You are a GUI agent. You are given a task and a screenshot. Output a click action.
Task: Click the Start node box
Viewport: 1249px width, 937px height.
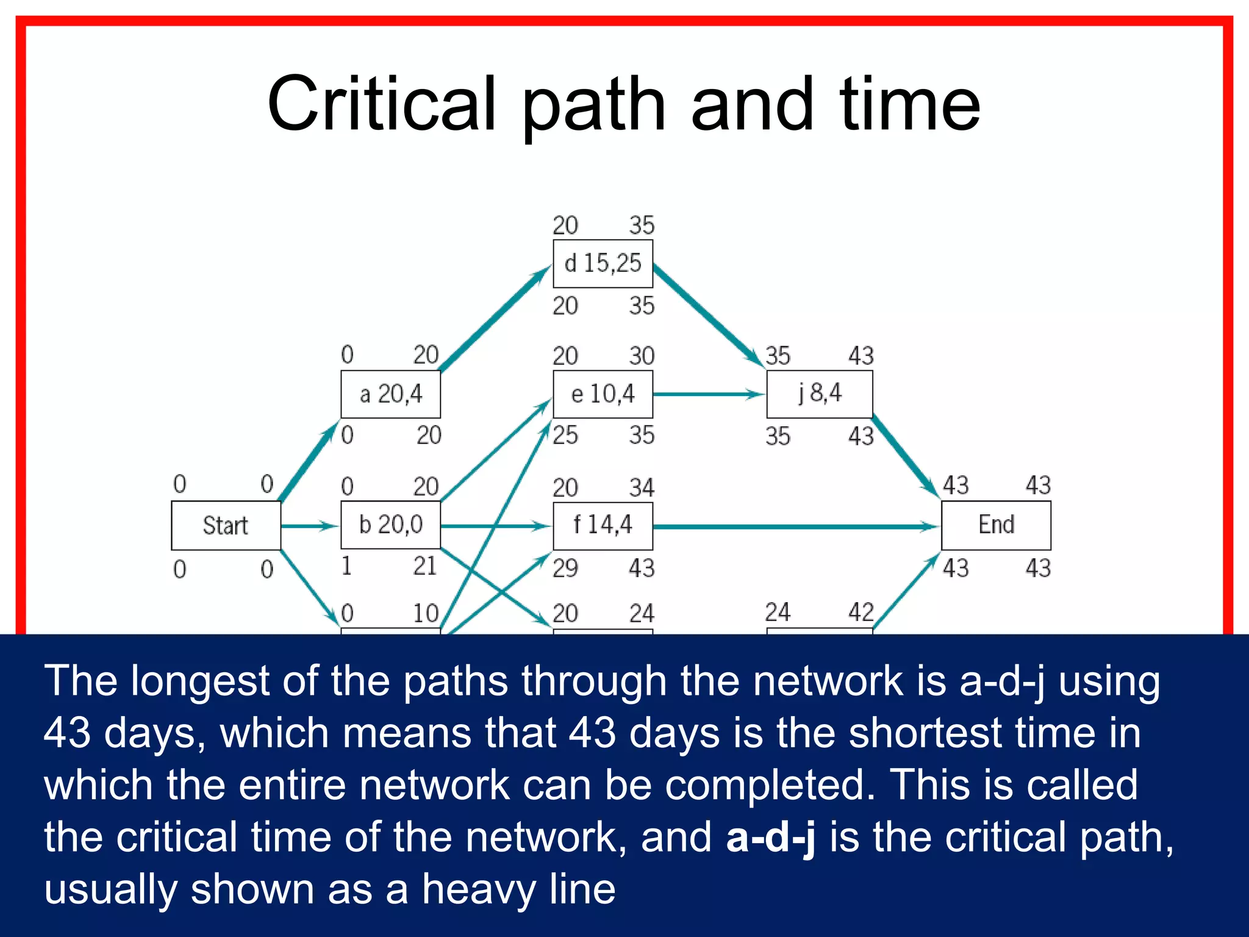coord(226,525)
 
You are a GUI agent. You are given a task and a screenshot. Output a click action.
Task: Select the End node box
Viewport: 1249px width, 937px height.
coord(996,525)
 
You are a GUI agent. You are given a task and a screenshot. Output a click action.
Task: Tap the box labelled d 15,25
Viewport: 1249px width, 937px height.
coord(603,264)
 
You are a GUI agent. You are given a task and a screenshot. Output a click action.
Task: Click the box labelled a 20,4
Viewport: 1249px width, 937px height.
coord(390,394)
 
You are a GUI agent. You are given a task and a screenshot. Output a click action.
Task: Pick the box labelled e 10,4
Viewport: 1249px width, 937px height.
coord(603,394)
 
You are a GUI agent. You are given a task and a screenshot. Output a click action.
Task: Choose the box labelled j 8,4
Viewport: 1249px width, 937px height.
coord(819,394)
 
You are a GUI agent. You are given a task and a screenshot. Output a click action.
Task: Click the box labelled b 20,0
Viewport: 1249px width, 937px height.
coord(390,525)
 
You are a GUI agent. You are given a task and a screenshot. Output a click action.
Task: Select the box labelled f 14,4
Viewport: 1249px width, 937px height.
coord(603,525)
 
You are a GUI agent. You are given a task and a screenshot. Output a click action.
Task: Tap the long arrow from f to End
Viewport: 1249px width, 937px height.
coord(793,526)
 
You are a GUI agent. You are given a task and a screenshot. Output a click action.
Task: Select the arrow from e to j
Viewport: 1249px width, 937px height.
coord(707,395)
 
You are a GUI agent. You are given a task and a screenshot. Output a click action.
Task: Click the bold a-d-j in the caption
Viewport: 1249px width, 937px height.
coord(770,836)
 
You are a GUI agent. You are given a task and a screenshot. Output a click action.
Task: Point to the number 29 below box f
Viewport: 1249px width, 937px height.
coord(565,569)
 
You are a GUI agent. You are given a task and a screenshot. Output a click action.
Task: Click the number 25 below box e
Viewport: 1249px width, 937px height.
coord(565,436)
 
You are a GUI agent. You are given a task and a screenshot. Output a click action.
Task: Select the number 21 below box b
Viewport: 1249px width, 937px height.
coord(425,566)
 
